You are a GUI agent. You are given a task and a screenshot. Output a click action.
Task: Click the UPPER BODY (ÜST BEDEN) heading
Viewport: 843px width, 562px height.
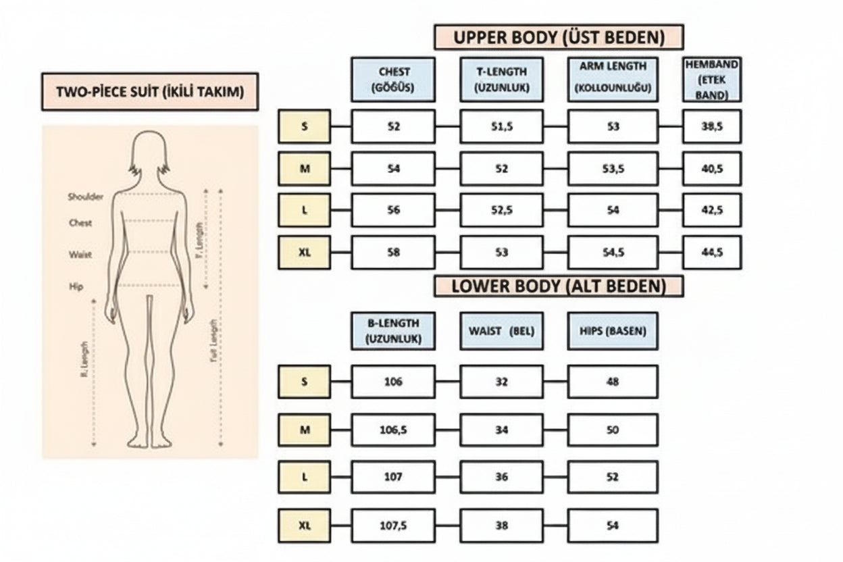(559, 37)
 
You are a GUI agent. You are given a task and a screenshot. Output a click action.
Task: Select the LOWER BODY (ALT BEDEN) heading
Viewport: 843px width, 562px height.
(559, 286)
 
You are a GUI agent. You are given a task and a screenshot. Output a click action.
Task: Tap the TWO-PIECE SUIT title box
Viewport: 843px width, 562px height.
(150, 92)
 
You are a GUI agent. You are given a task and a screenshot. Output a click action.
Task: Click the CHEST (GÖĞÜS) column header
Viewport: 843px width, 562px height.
(393, 79)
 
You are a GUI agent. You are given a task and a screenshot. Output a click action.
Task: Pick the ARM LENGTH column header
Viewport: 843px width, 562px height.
(613, 79)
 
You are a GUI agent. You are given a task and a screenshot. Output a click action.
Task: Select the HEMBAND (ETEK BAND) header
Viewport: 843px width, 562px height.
(712, 79)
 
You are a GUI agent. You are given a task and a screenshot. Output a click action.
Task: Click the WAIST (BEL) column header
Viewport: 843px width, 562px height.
(501, 331)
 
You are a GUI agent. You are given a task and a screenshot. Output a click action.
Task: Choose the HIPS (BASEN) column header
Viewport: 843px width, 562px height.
(613, 331)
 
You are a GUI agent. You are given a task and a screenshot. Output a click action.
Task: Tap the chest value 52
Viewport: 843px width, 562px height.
(393, 126)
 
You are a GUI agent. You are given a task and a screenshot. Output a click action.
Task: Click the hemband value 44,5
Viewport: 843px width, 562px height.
(712, 253)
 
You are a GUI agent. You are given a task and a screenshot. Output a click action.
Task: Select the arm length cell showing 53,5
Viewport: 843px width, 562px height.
(613, 169)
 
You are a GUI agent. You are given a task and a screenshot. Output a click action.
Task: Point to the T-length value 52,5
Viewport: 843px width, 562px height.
(501, 210)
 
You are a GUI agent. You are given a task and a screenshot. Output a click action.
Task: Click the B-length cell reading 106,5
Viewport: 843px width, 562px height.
(393, 430)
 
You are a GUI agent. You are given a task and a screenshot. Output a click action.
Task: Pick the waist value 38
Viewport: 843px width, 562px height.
(501, 525)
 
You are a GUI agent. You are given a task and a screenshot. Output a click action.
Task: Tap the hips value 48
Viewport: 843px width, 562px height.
(613, 382)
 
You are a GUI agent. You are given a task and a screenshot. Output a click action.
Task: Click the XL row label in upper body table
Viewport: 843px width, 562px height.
(304, 253)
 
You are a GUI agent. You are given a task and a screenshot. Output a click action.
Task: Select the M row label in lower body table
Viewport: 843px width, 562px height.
(304, 430)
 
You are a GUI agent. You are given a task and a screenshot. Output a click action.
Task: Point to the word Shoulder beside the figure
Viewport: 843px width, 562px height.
(85, 197)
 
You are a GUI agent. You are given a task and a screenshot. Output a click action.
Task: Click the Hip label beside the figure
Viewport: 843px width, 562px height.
(76, 286)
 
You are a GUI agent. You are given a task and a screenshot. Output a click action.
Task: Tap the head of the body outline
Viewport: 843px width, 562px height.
(150, 150)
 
